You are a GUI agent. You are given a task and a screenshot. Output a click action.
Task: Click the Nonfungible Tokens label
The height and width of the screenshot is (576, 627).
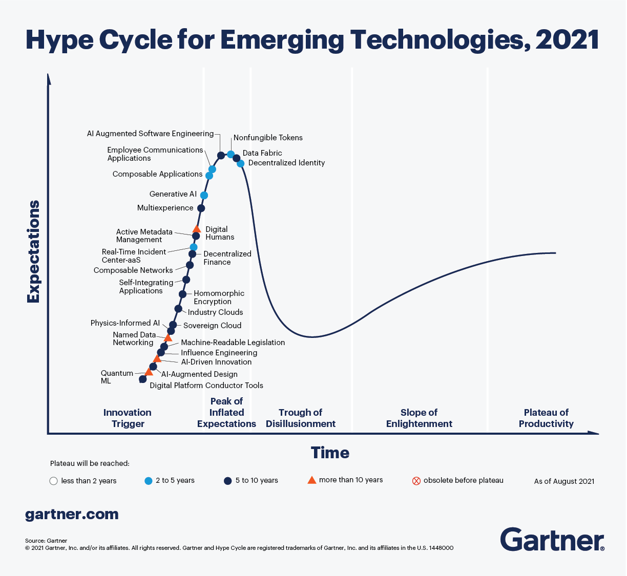[268, 138]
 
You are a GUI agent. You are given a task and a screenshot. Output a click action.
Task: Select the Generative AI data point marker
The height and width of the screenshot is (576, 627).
[204, 195]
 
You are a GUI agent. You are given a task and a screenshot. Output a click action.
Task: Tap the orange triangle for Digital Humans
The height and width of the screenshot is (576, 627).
[196, 229]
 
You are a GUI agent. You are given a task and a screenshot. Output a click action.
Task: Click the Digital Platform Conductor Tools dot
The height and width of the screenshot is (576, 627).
[143, 379]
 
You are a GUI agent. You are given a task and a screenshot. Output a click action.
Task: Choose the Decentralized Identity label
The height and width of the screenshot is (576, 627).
[286, 163]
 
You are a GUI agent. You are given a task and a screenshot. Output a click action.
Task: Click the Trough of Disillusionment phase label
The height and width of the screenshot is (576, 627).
[301, 418]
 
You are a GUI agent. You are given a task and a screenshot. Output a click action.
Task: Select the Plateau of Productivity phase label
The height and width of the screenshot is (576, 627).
[546, 418]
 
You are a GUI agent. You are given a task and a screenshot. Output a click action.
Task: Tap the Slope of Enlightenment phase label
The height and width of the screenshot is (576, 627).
[419, 418]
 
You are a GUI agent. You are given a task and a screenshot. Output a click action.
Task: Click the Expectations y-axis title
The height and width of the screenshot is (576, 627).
[33, 251]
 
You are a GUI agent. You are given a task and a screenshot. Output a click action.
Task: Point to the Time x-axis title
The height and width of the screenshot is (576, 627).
[330, 453]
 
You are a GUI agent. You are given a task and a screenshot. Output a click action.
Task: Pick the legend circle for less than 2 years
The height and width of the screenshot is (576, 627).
[53, 481]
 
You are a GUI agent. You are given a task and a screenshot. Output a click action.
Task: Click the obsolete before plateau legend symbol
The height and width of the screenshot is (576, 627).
[416, 481]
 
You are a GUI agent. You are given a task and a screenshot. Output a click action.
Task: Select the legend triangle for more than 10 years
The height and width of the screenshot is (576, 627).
[311, 480]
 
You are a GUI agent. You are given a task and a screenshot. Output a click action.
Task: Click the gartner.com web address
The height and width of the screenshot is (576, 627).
[72, 514]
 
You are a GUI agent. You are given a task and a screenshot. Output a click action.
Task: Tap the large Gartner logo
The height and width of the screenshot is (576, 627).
[552, 539]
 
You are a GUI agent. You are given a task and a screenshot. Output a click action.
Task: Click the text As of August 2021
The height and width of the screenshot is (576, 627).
[564, 481]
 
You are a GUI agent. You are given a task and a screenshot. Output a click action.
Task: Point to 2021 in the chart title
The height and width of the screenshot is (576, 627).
[568, 40]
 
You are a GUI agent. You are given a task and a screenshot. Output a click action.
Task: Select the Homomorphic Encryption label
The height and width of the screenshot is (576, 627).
[219, 297]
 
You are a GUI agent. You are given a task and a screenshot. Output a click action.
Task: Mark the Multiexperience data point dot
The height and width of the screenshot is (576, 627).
[201, 208]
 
